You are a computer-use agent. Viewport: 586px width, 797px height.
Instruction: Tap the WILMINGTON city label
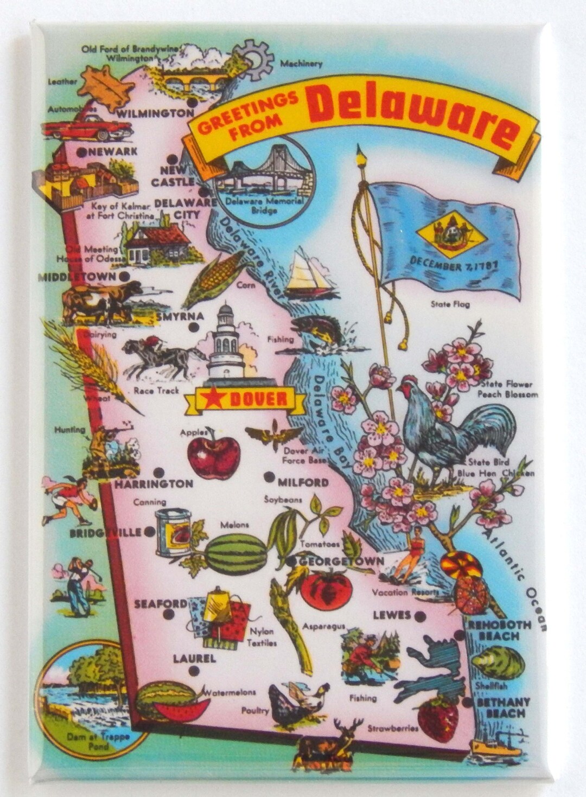coord(154,113)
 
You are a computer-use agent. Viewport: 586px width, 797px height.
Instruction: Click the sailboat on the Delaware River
coord(309,274)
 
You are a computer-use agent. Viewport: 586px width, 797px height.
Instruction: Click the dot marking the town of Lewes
coord(419,616)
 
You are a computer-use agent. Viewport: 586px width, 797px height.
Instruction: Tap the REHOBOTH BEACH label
coord(500,630)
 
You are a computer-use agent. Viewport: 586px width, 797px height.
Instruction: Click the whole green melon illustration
coord(237,554)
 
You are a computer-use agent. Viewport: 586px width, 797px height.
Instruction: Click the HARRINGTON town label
coord(154,483)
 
